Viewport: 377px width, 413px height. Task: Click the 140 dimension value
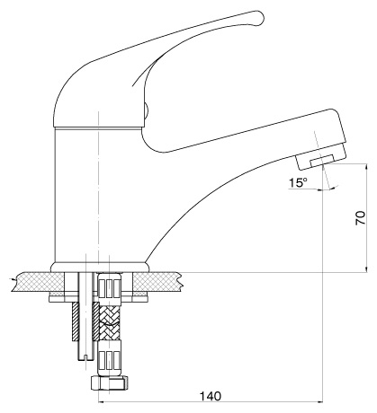(x=211, y=396)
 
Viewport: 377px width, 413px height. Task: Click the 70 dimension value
(x=360, y=218)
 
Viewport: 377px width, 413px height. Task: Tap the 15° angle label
(x=298, y=182)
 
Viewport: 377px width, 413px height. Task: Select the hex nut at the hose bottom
(x=109, y=382)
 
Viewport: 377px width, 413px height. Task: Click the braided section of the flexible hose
(x=109, y=322)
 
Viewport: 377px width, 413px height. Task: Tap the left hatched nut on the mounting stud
(x=75, y=321)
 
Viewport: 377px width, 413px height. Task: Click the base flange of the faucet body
(x=100, y=268)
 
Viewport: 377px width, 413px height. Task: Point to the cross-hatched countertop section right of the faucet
(x=157, y=282)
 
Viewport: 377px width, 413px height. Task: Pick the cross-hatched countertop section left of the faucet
(x=39, y=282)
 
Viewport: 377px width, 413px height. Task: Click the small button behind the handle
(x=147, y=112)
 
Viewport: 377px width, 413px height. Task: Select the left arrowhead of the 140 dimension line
(x=102, y=402)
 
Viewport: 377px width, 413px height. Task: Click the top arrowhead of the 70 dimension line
(x=366, y=167)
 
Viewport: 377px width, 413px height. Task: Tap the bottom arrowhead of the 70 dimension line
(x=366, y=268)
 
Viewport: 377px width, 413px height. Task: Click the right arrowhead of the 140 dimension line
(x=319, y=402)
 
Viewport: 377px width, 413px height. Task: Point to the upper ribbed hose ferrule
(x=109, y=289)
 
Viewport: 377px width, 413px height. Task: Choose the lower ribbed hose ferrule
(x=109, y=357)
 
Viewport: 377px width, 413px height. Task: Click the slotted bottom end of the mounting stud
(x=86, y=357)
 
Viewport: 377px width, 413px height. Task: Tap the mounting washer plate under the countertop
(x=99, y=299)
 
